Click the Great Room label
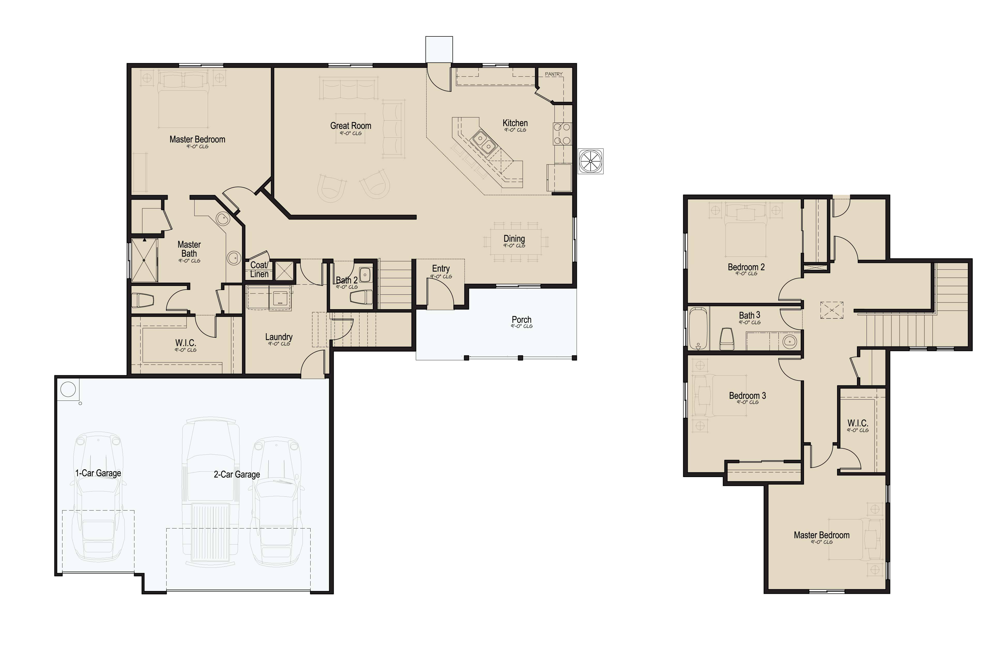tap(350, 126)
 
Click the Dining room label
tap(514, 239)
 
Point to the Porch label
tap(521, 320)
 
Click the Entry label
tap(441, 268)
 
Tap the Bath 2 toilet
tap(361, 297)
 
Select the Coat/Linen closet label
tap(259, 270)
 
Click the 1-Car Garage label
tap(98, 473)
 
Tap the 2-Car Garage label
tap(237, 474)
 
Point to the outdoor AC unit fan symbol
tap(591, 161)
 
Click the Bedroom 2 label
tap(746, 267)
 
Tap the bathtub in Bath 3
tap(698, 329)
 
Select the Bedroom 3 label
tap(747, 395)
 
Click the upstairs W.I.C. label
tap(858, 423)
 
